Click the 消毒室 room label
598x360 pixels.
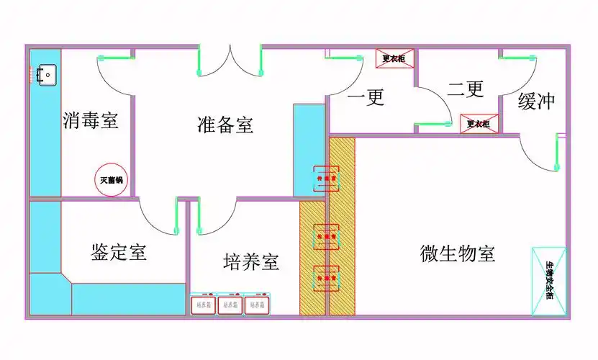coord(90,120)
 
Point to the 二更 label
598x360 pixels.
coord(465,89)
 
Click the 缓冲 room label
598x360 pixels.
coord(536,102)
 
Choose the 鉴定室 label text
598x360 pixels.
coord(119,252)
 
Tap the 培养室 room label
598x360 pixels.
coord(250,261)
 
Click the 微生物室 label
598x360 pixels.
coord(457,253)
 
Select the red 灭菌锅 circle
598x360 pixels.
coord(112,179)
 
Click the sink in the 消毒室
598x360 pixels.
coord(47,73)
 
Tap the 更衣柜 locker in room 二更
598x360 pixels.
coord(479,124)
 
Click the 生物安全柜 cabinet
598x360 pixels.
coord(549,282)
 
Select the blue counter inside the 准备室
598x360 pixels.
coord(309,150)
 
